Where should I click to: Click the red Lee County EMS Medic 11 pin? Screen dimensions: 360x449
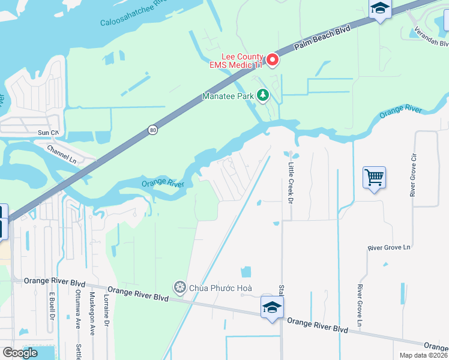click(x=273, y=59)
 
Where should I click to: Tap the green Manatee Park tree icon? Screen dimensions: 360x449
click(x=262, y=95)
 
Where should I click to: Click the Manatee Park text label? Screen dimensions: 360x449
click(x=228, y=95)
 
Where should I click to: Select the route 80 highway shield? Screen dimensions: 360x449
click(x=153, y=130)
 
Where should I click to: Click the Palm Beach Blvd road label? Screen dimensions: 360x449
click(x=322, y=38)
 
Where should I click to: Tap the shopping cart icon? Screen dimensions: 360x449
click(x=374, y=178)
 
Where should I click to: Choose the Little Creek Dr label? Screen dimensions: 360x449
click(x=290, y=182)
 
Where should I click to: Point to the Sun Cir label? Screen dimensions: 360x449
click(x=48, y=132)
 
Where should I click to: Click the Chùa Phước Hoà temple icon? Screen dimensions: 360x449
click(x=179, y=287)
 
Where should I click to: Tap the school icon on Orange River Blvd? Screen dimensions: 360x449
click(x=272, y=308)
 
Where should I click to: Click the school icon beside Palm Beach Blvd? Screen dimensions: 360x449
click(x=381, y=9)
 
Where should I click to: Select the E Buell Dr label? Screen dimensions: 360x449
click(x=52, y=307)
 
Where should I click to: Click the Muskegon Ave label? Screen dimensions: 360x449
click(x=92, y=312)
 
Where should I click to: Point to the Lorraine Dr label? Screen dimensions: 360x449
click(x=106, y=310)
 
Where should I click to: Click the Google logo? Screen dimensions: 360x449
click(x=20, y=353)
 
